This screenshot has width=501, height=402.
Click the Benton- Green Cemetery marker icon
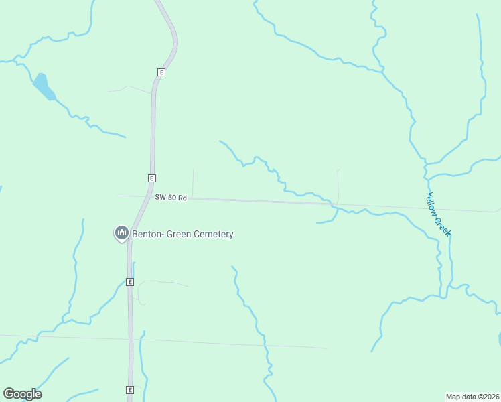(x=121, y=233)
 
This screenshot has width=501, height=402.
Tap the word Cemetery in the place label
(x=213, y=234)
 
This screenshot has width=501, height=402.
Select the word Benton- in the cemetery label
(x=147, y=234)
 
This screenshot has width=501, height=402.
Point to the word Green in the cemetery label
(x=177, y=234)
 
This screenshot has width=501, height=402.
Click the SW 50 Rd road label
(x=170, y=198)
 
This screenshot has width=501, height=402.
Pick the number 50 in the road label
(x=172, y=198)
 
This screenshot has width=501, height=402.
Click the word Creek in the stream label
(x=444, y=226)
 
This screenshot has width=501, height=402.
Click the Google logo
(x=22, y=394)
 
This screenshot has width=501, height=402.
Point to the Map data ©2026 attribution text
(x=472, y=397)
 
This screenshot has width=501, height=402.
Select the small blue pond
(x=43, y=86)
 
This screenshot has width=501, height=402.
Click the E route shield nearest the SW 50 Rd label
(x=152, y=178)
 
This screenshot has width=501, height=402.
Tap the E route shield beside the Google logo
(x=129, y=390)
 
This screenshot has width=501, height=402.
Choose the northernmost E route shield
(x=161, y=72)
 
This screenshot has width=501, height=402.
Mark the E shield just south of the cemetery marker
(x=130, y=282)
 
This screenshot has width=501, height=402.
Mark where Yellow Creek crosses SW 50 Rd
(x=431, y=206)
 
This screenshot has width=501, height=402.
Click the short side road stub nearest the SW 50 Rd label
(x=193, y=183)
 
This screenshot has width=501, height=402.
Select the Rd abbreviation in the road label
(x=182, y=198)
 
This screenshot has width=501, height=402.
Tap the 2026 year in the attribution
(x=490, y=397)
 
